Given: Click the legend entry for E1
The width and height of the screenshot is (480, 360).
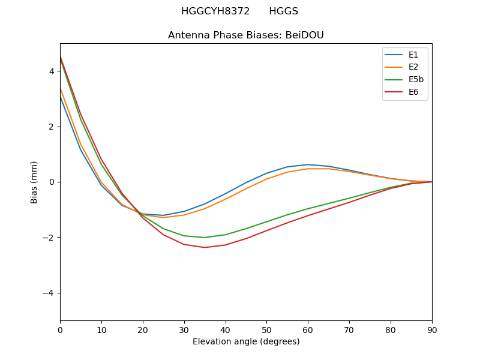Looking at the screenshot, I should tap(405, 55).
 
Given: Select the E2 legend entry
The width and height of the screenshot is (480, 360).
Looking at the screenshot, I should tap(405, 67).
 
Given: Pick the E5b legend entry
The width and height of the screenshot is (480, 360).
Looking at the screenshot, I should tap(405, 80).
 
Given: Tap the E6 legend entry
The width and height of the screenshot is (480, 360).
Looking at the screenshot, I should tap(405, 92).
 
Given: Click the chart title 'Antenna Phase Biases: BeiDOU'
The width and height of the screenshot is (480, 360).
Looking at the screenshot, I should tap(246, 35).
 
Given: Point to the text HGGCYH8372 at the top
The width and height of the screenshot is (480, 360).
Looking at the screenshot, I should tap(215, 11).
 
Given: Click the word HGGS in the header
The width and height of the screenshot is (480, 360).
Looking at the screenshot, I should tap(283, 11).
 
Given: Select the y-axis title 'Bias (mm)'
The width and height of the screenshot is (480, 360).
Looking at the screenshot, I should tap(34, 182).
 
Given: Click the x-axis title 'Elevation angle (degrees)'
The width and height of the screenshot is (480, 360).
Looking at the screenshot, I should tap(246, 341).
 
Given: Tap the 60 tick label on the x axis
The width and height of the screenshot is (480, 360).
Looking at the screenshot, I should tap(308, 329).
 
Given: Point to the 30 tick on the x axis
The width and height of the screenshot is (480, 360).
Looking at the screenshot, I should tap(184, 329).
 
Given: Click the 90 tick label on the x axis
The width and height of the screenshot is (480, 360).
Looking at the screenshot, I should tap(432, 329).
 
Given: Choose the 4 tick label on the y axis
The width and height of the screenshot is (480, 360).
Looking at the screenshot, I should tap(52, 71).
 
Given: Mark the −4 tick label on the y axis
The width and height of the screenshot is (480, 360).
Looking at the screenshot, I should tap(49, 293).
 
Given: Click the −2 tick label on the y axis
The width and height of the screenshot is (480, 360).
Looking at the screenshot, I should tap(49, 238).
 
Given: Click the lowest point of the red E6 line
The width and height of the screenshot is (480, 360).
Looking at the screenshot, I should tap(205, 247).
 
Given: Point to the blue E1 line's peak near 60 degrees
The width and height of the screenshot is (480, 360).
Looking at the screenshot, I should tap(308, 164).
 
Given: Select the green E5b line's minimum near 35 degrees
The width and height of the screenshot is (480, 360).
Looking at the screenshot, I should tap(205, 238).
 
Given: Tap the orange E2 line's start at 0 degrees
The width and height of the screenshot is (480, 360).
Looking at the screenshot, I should tap(61, 89).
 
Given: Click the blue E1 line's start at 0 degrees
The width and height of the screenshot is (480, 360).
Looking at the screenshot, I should tap(61, 97).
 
